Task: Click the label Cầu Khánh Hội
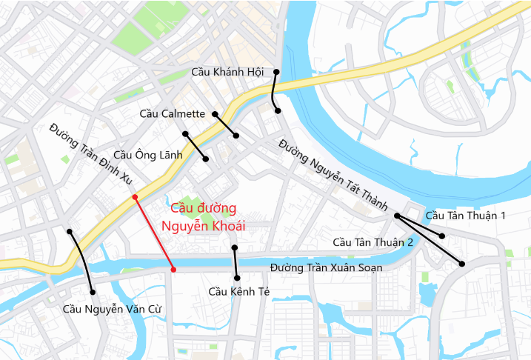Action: coord(227,72)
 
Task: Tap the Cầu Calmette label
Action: coord(172,113)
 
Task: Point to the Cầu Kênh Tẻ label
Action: coord(238,291)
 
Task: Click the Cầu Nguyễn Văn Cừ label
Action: coord(112,308)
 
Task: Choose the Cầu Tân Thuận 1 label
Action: coord(466,216)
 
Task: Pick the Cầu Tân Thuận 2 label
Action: coord(373,242)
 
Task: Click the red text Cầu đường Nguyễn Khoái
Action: coord(203,217)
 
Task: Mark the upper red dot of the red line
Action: coord(135,197)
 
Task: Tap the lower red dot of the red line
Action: coord(173,270)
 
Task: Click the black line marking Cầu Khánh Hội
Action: coord(274,92)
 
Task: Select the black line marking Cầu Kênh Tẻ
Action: coord(235,262)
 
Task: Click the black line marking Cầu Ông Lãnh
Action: coord(196,146)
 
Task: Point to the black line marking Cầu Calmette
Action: coord(225,124)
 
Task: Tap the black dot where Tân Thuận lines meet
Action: coord(397,216)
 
